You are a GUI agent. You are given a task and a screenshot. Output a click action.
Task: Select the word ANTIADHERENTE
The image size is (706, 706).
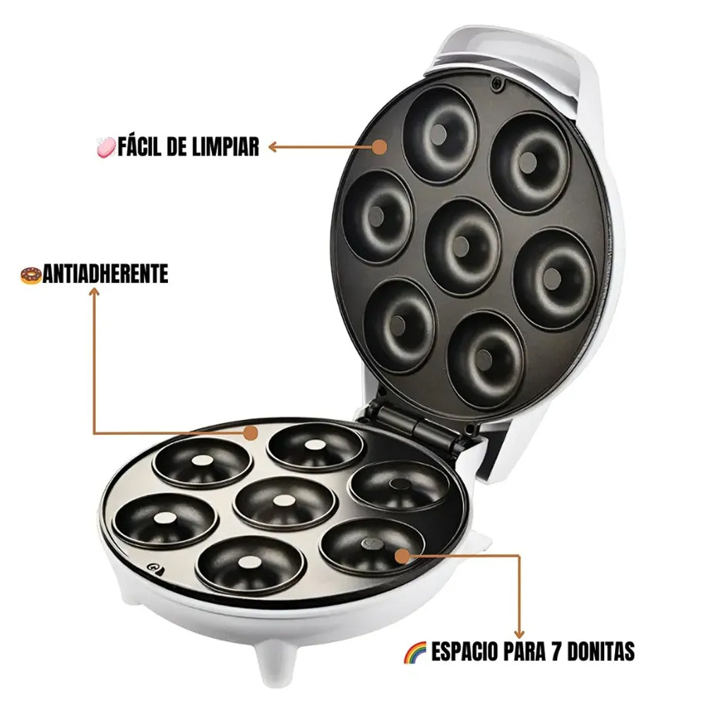click(x=106, y=274)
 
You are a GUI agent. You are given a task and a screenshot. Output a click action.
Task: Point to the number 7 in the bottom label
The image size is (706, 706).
click(x=556, y=651)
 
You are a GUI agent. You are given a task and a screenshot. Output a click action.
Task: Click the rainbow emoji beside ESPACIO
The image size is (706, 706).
click(x=414, y=652)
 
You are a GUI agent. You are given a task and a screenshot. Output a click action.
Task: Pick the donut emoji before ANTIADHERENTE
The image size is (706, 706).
click(x=31, y=275)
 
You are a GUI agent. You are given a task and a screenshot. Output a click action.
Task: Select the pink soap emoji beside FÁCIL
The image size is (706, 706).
click(x=107, y=148)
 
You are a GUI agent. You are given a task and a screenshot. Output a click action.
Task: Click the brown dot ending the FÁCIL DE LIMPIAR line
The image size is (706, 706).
click(x=380, y=147)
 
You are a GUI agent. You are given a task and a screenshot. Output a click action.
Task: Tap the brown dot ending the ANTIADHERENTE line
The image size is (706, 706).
click(x=251, y=433)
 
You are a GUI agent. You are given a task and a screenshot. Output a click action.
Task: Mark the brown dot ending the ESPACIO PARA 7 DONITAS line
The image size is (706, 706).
click(x=402, y=556)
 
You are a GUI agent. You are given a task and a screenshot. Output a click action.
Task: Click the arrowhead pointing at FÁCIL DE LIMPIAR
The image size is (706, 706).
click(x=273, y=147)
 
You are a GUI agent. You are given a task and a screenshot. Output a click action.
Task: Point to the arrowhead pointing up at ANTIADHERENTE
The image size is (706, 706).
click(x=94, y=292)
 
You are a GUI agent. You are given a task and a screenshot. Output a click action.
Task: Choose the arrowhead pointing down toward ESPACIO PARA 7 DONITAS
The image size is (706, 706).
click(x=519, y=633)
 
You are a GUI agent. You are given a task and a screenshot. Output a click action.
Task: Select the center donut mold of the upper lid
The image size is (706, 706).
click(x=463, y=246)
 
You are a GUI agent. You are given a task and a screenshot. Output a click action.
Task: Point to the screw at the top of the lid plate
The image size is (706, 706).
click(x=497, y=84)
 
